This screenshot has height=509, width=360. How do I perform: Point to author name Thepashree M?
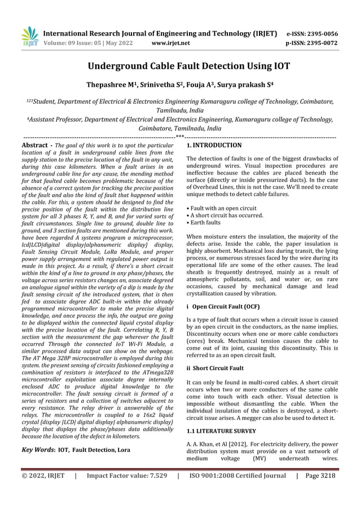click(x=113, y=85)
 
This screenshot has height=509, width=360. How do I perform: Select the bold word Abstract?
click(x=33, y=145)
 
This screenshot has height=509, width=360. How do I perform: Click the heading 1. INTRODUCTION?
click(x=213, y=145)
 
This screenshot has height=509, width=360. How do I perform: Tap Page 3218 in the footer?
click(x=319, y=476)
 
